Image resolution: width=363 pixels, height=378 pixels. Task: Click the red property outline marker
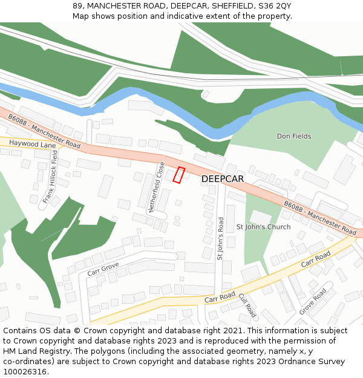point(178,175)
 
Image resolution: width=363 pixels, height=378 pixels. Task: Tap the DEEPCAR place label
point(223,179)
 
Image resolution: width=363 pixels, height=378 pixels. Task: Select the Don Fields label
point(294,136)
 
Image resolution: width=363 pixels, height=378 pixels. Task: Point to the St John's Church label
point(263,227)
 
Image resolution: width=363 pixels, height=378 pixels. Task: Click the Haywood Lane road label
point(32,145)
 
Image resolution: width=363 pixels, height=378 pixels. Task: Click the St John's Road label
point(220,238)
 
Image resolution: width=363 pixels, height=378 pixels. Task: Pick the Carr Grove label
point(103,269)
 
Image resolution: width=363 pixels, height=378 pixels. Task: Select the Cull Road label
point(247,307)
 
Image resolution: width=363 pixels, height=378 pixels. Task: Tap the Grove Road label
point(313,301)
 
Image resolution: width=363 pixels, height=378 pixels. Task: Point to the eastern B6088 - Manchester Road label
point(320,218)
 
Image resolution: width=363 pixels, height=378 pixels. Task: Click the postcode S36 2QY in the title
point(275,5)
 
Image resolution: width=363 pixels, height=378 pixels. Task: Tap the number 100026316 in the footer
point(26,371)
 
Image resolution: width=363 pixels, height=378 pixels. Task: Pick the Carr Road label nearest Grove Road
point(316,258)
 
